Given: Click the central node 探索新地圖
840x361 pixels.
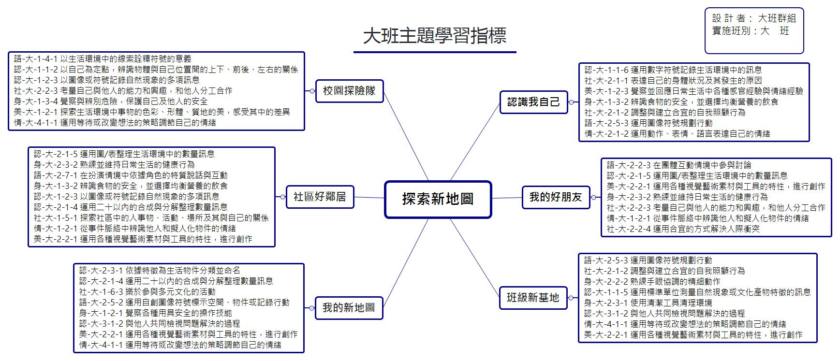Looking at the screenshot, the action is (438, 199).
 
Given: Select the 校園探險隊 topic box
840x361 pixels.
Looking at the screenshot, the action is (350, 91).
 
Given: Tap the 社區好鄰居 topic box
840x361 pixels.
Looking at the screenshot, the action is (320, 197).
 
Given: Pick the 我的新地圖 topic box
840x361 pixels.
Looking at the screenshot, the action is (349, 308).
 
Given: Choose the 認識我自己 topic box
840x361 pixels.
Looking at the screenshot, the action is (534, 102).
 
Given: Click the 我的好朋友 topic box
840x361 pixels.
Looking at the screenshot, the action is (556, 197).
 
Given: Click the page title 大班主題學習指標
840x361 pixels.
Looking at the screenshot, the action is (435, 36).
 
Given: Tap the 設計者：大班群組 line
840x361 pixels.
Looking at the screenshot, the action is (754, 18).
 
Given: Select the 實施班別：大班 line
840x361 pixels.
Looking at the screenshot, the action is (751, 31).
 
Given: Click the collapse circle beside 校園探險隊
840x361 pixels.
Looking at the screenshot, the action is (312, 91).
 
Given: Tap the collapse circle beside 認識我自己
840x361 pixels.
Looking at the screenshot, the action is (571, 102).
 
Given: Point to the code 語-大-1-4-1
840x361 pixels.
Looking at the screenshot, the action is (36, 59).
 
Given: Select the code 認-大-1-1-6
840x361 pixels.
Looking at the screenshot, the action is (606, 70).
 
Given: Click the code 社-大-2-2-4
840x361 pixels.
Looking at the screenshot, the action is (629, 229).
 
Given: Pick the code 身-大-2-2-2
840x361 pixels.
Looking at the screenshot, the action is (606, 281).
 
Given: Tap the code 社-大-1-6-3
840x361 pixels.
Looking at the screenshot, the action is (101, 292).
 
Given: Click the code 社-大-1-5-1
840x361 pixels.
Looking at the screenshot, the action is (56, 218).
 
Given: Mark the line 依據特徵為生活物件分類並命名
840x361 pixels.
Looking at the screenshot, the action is (183, 271).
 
